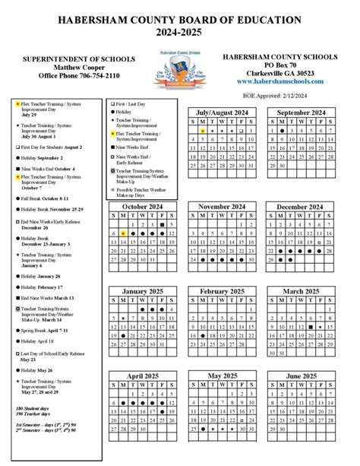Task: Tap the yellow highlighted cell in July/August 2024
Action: click(x=204, y=131)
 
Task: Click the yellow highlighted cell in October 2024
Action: click(x=122, y=233)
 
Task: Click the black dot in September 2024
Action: click(x=281, y=131)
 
